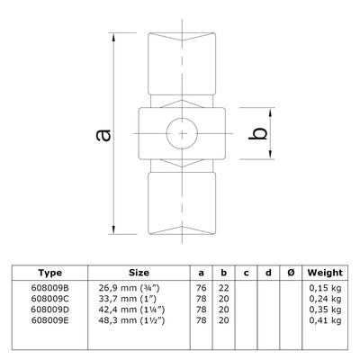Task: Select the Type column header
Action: pyautogui.click(x=51, y=272)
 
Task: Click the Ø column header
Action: pyautogui.click(x=288, y=272)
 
